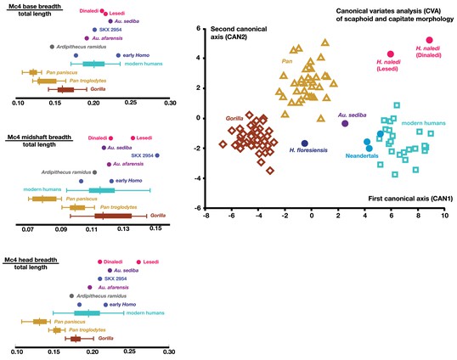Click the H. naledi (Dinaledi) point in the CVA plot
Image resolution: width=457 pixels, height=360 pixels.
click(x=429, y=40)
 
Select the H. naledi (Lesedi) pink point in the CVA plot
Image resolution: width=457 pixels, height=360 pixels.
click(x=391, y=53)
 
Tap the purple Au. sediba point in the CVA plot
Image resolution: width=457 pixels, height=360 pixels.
click(x=345, y=123)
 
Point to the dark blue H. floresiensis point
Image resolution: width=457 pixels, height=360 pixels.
click(x=305, y=143)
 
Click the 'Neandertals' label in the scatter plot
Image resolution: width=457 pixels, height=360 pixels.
click(x=362, y=156)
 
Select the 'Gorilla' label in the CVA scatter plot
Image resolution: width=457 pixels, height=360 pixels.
click(x=234, y=119)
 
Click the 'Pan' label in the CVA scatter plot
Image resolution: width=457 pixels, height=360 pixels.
click(x=287, y=61)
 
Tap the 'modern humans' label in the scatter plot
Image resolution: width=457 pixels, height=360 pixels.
click(x=424, y=123)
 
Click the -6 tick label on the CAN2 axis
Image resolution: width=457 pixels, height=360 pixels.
click(x=198, y=208)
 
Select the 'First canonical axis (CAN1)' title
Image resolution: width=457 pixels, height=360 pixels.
click(x=410, y=199)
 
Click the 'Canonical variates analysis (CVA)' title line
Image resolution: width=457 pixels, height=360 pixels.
click(x=388, y=11)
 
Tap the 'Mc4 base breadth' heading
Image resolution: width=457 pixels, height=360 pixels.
click(x=34, y=6)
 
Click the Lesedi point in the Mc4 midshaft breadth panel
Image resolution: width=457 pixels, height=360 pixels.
click(x=133, y=138)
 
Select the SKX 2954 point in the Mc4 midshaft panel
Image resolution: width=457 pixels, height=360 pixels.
click(x=157, y=155)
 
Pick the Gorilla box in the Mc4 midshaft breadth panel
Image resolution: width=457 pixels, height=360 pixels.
click(x=113, y=216)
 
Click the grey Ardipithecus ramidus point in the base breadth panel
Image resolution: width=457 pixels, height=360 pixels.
click(x=52, y=47)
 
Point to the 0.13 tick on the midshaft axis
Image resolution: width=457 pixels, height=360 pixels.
click(x=123, y=229)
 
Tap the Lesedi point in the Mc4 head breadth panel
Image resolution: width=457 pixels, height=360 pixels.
click(x=138, y=262)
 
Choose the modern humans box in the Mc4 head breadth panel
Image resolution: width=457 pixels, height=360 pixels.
click(x=87, y=313)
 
